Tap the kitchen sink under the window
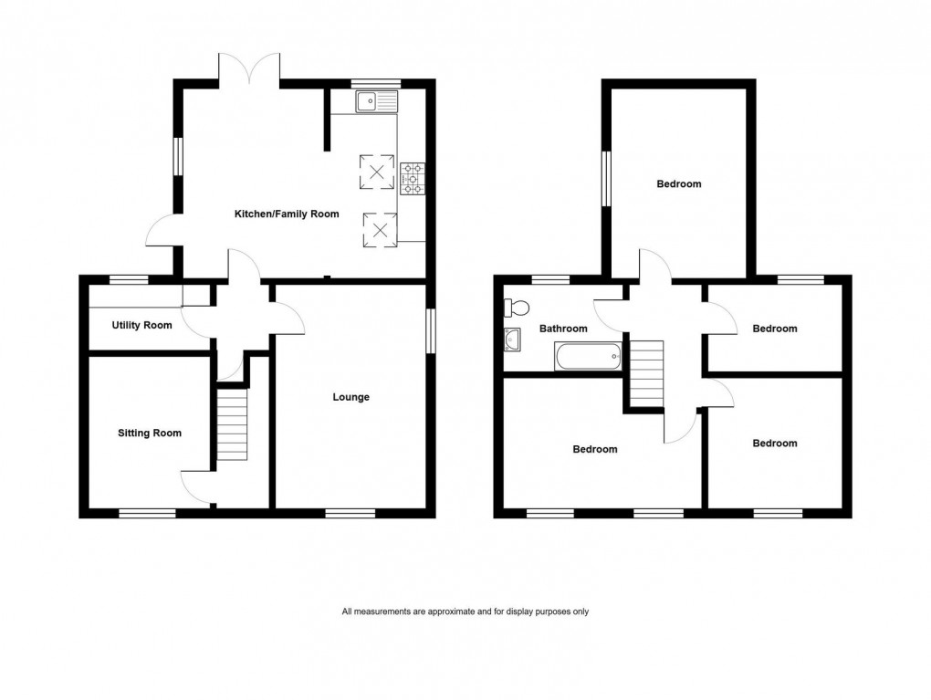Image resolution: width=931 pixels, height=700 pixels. [x=377, y=100]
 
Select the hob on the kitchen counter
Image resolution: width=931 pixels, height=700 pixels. [x=413, y=177]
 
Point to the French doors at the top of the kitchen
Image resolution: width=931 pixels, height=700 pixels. [x=248, y=69]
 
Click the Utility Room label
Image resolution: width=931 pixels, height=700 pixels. [x=141, y=325]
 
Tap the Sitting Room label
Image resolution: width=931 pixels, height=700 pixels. [x=150, y=434]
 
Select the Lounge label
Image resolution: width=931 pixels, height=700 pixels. [x=350, y=397]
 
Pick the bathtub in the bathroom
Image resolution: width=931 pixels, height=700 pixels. [x=588, y=356]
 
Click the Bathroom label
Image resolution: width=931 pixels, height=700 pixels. [x=562, y=329]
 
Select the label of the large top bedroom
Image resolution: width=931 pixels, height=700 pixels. [x=679, y=184]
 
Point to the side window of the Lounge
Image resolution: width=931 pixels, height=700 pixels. [x=431, y=329]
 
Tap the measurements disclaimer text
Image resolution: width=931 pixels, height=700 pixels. [x=465, y=611]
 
